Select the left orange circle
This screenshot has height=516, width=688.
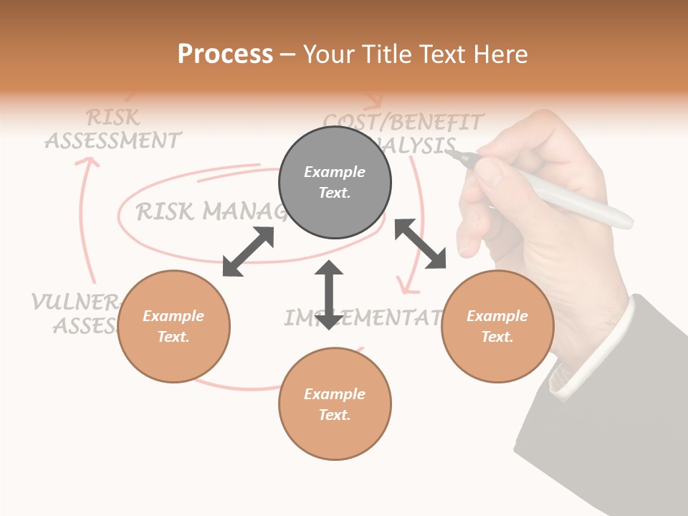click(173, 326)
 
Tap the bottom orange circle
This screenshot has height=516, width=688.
click(335, 404)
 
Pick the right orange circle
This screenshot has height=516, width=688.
click(497, 326)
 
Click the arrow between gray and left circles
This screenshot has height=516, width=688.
click(248, 252)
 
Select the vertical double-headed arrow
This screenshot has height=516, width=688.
click(329, 295)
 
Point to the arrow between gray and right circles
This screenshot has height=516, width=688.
click(421, 244)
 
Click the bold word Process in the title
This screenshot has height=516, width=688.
click(225, 54)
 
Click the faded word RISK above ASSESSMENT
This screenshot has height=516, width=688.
click(113, 117)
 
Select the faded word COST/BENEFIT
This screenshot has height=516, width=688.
click(403, 121)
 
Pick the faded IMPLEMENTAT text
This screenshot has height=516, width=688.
click(362, 317)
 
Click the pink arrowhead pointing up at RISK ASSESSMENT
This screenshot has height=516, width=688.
click(87, 164)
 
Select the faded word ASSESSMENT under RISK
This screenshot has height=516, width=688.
click(113, 140)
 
